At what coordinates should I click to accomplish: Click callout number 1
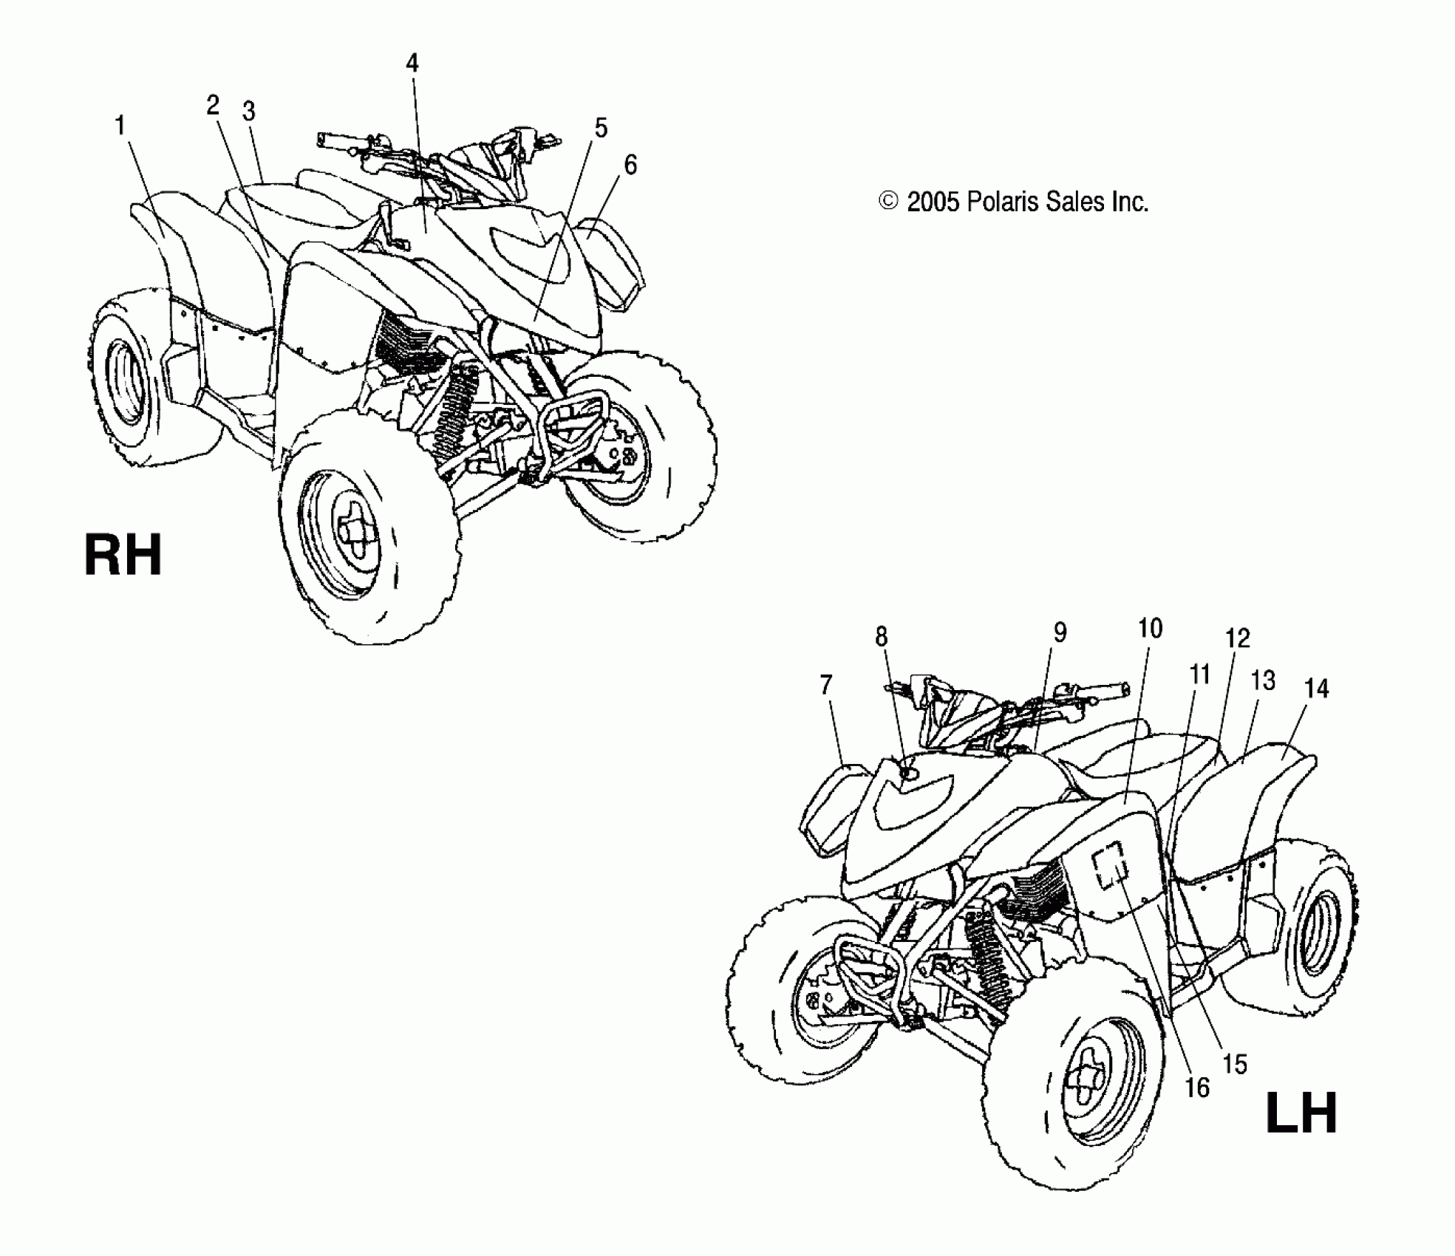click(x=120, y=126)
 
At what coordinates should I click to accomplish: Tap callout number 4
click(x=412, y=64)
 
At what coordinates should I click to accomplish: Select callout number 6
click(x=630, y=165)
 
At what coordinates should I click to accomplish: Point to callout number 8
click(x=881, y=636)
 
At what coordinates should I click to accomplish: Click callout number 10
click(x=1150, y=629)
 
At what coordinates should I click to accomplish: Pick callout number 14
click(x=1316, y=689)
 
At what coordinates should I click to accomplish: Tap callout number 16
click(x=1197, y=1088)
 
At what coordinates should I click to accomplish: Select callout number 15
click(x=1235, y=1064)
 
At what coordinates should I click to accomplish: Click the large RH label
click(x=123, y=556)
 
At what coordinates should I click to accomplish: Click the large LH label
click(x=1301, y=1113)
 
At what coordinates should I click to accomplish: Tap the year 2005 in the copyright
click(x=933, y=202)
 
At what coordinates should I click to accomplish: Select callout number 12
click(x=1237, y=638)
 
